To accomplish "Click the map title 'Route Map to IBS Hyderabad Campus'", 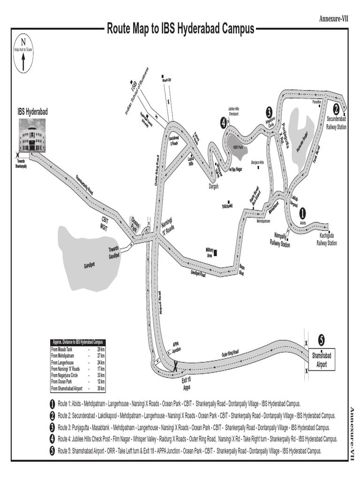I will click(180, 29).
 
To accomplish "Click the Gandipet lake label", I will click(89, 265).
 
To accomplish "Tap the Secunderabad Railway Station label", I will click(337, 123).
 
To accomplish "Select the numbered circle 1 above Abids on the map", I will click(302, 212).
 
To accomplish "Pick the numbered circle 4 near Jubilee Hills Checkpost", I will click(224, 123).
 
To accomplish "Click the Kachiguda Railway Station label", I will click(327, 240).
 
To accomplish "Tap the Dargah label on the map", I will click(213, 186).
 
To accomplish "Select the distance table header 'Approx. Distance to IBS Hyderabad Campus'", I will click(78, 342).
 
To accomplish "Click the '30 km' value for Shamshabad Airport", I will click(101, 389).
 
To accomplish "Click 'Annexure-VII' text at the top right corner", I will click(334, 18).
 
